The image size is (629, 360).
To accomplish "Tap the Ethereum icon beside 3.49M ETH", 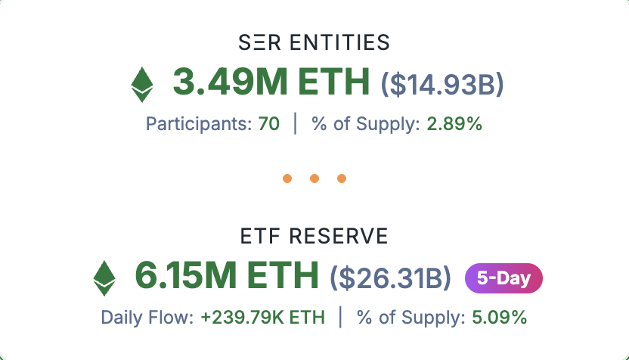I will click(141, 84).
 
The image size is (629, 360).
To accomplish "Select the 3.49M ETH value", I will click(271, 82).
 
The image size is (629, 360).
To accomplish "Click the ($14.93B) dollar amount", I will click(442, 83).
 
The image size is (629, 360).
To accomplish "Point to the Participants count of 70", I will click(269, 123).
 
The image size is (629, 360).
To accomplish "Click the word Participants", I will click(197, 123).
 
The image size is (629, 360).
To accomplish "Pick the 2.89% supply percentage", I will click(454, 123).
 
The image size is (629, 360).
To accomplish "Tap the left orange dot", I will click(287, 178).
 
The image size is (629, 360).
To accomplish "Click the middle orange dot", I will click(314, 178).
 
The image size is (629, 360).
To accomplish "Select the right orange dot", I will click(341, 178).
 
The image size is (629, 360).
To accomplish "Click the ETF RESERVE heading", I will click(314, 237).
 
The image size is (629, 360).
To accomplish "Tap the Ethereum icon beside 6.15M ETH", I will click(104, 278).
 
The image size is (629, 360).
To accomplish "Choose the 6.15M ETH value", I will click(227, 277).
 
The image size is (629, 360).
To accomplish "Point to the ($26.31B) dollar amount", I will click(391, 278).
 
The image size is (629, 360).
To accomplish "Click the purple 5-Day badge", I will click(504, 278).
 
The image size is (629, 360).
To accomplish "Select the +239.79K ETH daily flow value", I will click(262, 318).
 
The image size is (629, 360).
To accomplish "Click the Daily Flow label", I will click(147, 318).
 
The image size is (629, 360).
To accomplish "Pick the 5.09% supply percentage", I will click(499, 318).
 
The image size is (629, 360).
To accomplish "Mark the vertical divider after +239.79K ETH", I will click(340, 318).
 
